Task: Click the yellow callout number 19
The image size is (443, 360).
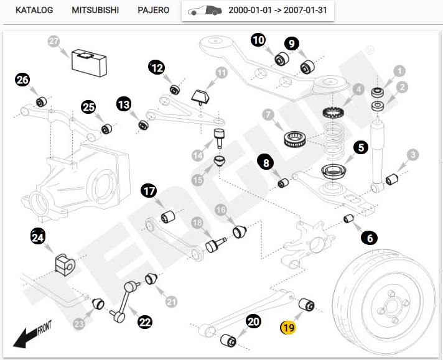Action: coord(288,327)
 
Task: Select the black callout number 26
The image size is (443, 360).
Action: coord(23,80)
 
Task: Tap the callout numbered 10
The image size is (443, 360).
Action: coord(258,40)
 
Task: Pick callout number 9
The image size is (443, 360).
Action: coord(292,44)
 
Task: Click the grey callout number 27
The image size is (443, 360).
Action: coord(54,42)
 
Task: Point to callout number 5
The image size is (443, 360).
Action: coord(361,148)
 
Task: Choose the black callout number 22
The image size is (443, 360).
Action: coord(145,321)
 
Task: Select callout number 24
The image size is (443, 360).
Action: coord(39,236)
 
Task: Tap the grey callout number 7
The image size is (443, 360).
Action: coord(268,116)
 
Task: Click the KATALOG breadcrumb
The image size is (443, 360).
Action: coord(34,11)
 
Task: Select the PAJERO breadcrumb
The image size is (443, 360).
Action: coord(153,11)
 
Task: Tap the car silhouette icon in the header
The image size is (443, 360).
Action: coord(205,11)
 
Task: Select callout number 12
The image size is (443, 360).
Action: coord(157,67)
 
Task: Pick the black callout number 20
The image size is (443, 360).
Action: coord(253,321)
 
